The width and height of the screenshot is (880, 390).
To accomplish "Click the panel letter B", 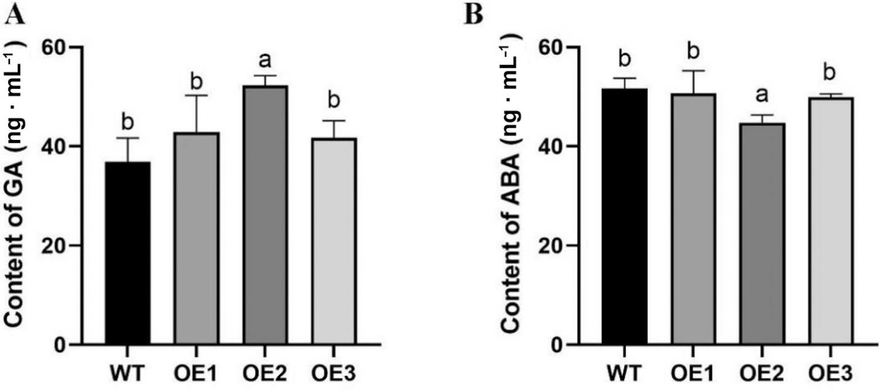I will pyautogui.click(x=473, y=15).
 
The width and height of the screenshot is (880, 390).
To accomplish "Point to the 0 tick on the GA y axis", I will pyautogui.click(x=62, y=344).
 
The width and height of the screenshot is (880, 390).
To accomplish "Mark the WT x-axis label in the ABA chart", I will pyautogui.click(x=625, y=373).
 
